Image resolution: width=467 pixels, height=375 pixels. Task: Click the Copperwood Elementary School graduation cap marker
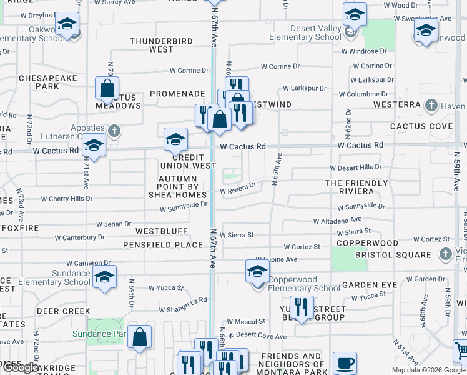click(x=257, y=272)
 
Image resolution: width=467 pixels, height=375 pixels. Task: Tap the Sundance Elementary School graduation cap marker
click(x=104, y=277)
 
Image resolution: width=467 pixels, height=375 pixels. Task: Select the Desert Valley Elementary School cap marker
click(x=354, y=15)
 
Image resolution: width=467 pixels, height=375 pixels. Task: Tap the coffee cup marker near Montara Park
click(x=344, y=364)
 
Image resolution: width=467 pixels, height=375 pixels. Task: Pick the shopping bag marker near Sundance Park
click(x=139, y=337)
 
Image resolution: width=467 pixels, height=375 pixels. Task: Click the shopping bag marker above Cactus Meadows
click(x=107, y=88)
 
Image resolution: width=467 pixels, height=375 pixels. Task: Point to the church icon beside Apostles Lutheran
click(x=113, y=131)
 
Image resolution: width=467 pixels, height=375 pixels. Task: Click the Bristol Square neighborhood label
click(x=401, y=255)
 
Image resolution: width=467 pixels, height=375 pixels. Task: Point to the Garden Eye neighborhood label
click(x=369, y=285)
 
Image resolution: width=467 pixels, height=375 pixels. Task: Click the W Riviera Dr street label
click(x=237, y=186)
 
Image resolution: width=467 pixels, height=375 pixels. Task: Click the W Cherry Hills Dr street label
click(x=67, y=199)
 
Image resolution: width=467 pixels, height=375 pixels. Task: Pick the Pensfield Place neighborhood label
click(x=162, y=245)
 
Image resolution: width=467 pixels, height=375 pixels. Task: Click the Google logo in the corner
click(x=21, y=367)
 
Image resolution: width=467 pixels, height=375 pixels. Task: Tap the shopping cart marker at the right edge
click(x=461, y=351)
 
